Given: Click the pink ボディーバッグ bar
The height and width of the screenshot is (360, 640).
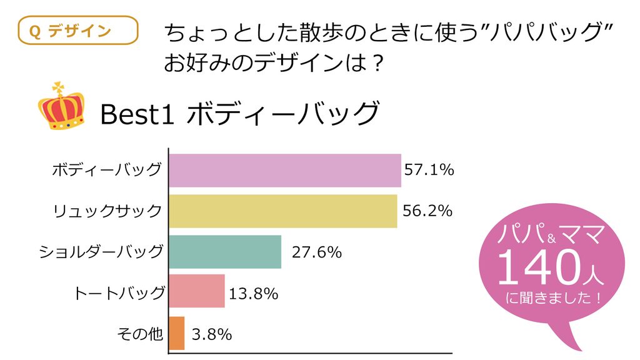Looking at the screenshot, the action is (x=285, y=171).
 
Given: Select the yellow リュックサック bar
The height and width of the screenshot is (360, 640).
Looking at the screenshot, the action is (x=283, y=211).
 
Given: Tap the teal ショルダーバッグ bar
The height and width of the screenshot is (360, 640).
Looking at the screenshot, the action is (x=225, y=252).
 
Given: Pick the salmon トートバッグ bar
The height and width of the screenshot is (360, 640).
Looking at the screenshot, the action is (x=197, y=291).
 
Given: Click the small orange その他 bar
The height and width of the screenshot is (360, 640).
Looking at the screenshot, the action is (x=177, y=333).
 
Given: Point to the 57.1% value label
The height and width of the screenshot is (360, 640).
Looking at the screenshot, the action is (x=429, y=170).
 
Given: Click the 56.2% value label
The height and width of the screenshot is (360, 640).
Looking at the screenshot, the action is (x=427, y=211).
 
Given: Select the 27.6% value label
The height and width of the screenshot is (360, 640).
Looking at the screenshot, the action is (x=317, y=252).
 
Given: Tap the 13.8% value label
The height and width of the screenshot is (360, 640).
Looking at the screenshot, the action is (x=254, y=294).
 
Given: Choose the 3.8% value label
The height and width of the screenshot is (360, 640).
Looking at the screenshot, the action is (x=212, y=335).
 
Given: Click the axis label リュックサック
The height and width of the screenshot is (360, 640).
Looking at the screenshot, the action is (x=107, y=211).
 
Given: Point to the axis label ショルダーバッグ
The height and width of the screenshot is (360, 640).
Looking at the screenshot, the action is (x=101, y=252).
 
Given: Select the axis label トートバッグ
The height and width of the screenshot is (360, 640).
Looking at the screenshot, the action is (x=119, y=293).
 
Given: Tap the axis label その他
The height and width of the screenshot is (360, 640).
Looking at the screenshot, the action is (x=140, y=334).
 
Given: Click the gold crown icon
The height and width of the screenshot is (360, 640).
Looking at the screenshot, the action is (x=62, y=107).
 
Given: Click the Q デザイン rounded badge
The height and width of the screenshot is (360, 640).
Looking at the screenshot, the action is (x=78, y=30).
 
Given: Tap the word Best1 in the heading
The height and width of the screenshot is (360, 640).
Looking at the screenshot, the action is (x=137, y=114).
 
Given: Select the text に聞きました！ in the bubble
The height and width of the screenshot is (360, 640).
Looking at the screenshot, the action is (x=553, y=297).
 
